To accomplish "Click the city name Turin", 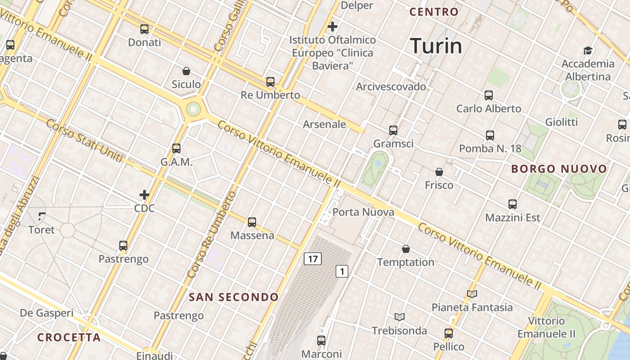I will pyautogui.click(x=436, y=46).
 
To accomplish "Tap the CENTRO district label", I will pyautogui.click(x=434, y=12).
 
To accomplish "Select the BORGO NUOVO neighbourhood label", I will pyautogui.click(x=559, y=169).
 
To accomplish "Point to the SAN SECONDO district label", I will pyautogui.click(x=234, y=297).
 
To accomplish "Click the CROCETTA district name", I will pyautogui.click(x=69, y=337).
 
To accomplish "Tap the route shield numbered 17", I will pyautogui.click(x=313, y=259).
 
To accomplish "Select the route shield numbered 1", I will pyautogui.click(x=342, y=271).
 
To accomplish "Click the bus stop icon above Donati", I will pyautogui.click(x=144, y=29).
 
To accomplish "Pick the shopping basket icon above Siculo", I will pyautogui.click(x=186, y=71).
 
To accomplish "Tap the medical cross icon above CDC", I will pyautogui.click(x=144, y=195).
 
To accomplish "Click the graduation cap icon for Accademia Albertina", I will pyautogui.click(x=588, y=50).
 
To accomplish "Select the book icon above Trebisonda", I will pyautogui.click(x=400, y=317).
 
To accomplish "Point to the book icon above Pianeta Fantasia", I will pyautogui.click(x=472, y=294).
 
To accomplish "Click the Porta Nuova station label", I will pyautogui.click(x=363, y=212).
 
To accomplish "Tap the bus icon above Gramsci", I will pyautogui.click(x=393, y=130).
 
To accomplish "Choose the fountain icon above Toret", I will pyautogui.click(x=42, y=216).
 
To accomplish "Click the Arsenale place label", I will pyautogui.click(x=324, y=124).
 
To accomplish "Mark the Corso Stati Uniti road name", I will pyautogui.click(x=84, y=141).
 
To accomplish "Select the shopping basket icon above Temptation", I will pyautogui.click(x=406, y=249).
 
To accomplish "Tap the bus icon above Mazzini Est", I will pyautogui.click(x=513, y=204).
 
